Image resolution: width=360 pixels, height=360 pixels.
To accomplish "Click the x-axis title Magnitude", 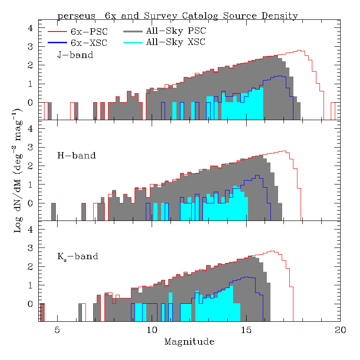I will click(x=189, y=342).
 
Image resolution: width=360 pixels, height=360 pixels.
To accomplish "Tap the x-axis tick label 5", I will click(x=57, y=330).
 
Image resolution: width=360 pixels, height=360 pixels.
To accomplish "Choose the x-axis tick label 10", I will click(x=152, y=330).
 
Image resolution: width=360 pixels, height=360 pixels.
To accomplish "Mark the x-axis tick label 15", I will click(x=246, y=330).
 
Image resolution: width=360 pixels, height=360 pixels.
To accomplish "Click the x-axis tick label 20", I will click(x=340, y=330).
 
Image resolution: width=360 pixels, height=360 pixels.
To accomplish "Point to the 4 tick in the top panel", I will click(x=31, y=28).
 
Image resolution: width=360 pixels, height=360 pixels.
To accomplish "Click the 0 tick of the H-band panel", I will click(x=31, y=203).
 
